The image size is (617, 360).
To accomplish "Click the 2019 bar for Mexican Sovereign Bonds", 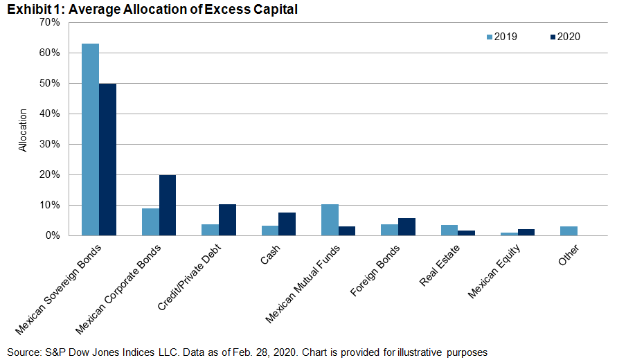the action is coord(90,140).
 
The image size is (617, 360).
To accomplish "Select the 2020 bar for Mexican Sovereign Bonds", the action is coord(107,160).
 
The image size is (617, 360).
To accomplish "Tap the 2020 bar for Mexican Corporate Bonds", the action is coord(168,206).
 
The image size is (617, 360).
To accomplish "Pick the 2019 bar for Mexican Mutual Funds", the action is coord(330,220).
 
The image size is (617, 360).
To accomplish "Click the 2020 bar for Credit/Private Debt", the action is coord(227,220).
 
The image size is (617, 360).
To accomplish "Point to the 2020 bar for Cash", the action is coord(287,224).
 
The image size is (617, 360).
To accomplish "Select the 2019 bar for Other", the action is coord(569,231).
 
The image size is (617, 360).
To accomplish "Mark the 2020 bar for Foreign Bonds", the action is coord(407,227).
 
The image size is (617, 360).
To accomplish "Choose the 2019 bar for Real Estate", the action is coord(449,231).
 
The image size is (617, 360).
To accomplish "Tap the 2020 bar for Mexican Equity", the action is coord(526,233).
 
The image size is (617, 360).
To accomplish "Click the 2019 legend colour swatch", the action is coord(490,37).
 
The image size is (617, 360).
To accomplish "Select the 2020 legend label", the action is coord(569,37).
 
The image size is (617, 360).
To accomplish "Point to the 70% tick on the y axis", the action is coord(50,22).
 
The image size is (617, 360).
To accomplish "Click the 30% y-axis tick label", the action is coord(50,145).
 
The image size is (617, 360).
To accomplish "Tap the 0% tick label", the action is coord(52,235).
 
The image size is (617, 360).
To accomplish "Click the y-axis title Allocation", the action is coord(23,130).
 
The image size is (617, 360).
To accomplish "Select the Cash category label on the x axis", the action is coord(270,254).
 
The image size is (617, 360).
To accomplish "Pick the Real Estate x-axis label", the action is coord(439,265).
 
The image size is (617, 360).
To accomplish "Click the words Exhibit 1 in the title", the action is coord(35,9).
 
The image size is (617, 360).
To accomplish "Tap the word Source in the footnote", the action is coord(23,352).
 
